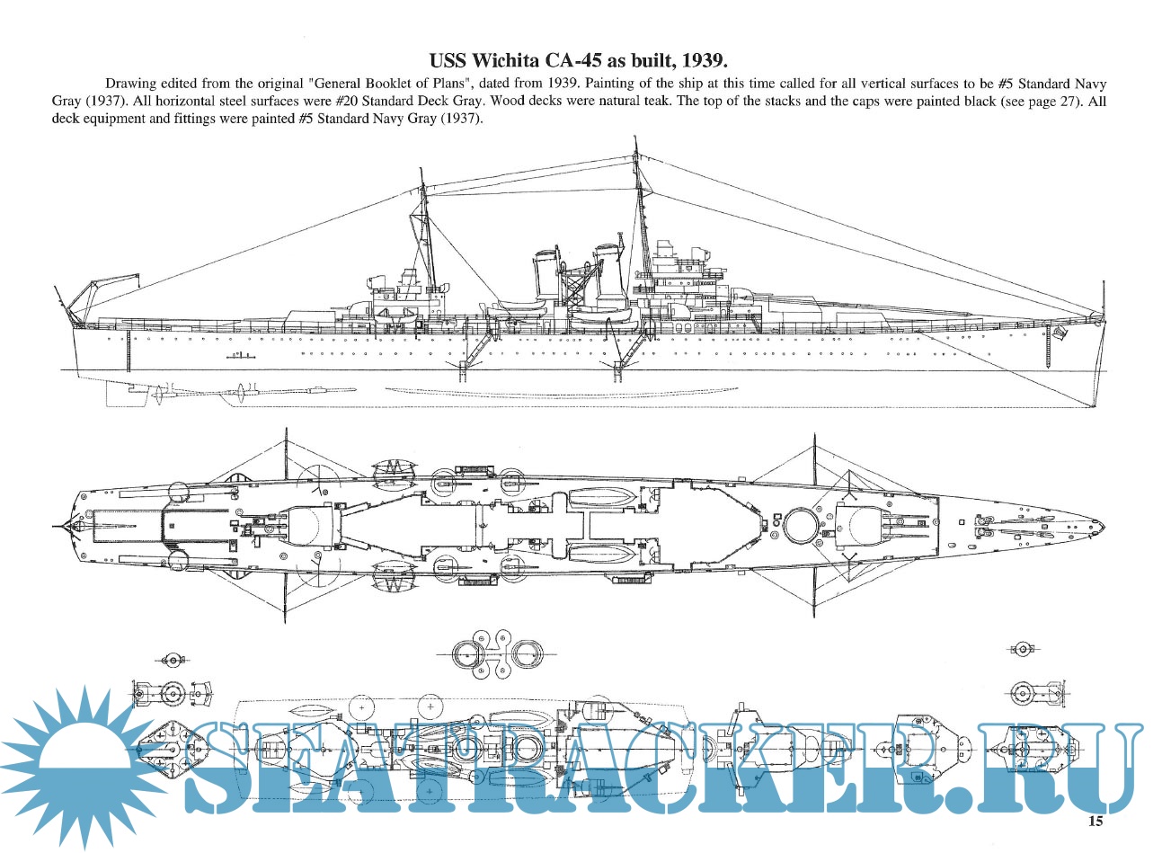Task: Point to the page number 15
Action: pos(1095,821)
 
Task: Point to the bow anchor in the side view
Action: pos(1060,335)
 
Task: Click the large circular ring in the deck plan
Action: pos(799,524)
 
